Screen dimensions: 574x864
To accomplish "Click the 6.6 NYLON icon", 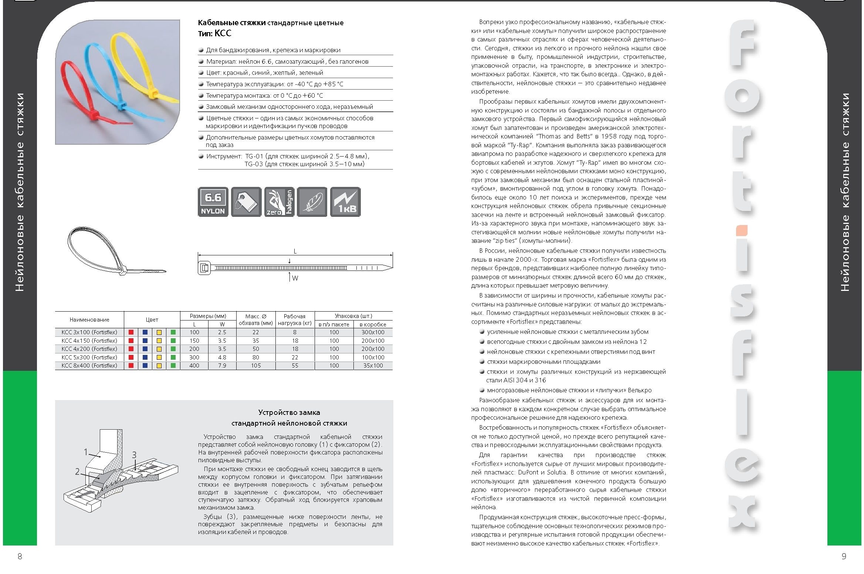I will pos(213,202).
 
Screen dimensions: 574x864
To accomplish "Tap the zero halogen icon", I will pos(279,202).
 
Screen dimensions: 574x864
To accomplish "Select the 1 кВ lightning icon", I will pos(345,202).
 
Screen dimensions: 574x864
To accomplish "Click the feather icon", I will pos(312,202).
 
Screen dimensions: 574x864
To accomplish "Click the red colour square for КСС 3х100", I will pos(131,332).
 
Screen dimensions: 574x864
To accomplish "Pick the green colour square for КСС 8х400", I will pos(173,366).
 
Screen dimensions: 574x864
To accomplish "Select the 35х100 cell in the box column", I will pos(373,366).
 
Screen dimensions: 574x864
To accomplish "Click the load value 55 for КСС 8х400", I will pos(295,366).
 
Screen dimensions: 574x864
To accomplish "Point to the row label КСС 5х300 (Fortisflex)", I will pos(89,358).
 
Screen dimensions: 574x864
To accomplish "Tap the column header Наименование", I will pos(89,320).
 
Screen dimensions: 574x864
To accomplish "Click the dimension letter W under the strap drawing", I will pos(295,278).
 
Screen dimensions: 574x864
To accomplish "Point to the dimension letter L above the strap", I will pos(295,252).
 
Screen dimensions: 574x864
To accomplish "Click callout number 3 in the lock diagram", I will pos(134,454).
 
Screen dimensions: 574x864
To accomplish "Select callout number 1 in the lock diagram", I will pos(86,452).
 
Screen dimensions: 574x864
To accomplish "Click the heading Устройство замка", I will pos(289,413).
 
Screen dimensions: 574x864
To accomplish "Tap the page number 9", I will pos(844,556).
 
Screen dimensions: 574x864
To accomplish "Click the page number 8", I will pos(20,556).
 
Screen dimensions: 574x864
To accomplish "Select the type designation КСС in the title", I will pos(223,33).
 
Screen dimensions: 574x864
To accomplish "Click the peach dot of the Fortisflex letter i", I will pos(742,231).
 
